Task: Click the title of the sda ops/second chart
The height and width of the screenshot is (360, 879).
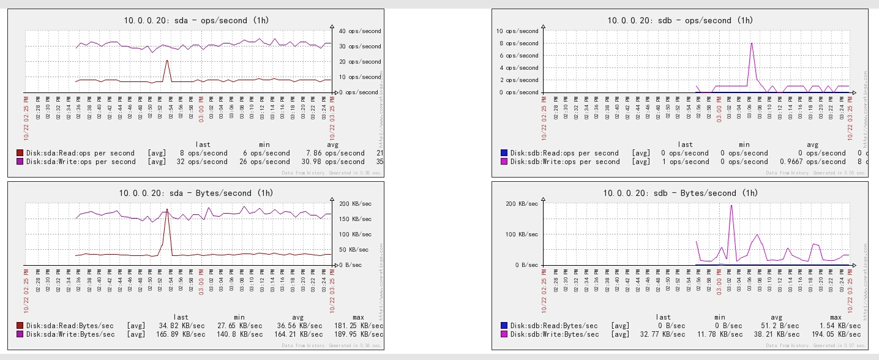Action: pyautogui.click(x=196, y=20)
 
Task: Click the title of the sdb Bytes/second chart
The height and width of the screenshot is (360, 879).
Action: pyautogui.click(x=679, y=193)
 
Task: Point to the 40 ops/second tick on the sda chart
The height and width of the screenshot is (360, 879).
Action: pyautogui.click(x=361, y=31)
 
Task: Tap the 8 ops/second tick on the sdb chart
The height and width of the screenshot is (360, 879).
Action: pyautogui.click(x=518, y=43)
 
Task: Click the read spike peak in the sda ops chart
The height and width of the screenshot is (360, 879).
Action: pyautogui.click(x=167, y=60)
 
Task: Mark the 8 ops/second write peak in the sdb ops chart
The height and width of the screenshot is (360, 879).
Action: pyautogui.click(x=751, y=43)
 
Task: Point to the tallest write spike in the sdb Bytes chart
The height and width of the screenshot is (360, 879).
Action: pyautogui.click(x=731, y=205)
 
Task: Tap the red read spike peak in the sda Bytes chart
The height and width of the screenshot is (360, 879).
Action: pyautogui.click(x=167, y=209)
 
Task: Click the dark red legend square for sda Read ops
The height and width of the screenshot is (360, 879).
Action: pyautogui.click(x=20, y=153)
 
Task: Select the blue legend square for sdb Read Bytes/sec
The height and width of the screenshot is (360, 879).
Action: pyautogui.click(x=504, y=326)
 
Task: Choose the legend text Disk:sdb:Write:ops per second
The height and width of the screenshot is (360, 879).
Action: pyautogui.click(x=565, y=162)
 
